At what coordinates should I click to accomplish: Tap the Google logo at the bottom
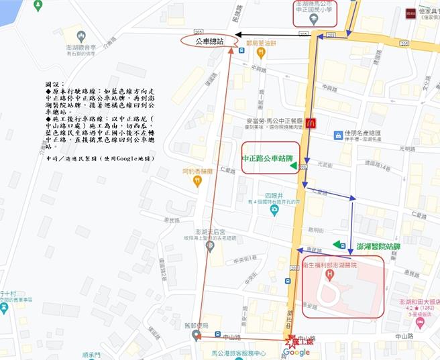tap(296, 353)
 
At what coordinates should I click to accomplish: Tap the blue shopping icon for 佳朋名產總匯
tap(339, 135)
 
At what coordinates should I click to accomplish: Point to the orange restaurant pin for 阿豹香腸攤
tap(197, 181)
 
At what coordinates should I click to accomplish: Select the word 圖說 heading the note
tap(52, 85)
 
